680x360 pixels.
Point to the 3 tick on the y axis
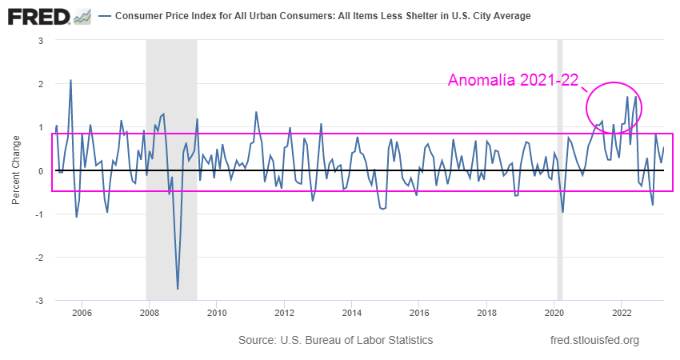[40, 40]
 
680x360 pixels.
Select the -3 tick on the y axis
[38, 301]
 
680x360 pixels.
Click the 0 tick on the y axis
[40, 170]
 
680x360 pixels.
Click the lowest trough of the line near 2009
[178, 289]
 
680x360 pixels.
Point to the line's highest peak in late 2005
[70, 80]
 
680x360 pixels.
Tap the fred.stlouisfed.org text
[595, 341]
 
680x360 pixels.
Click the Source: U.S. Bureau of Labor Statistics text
[335, 341]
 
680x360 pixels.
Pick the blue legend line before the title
[105, 16]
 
